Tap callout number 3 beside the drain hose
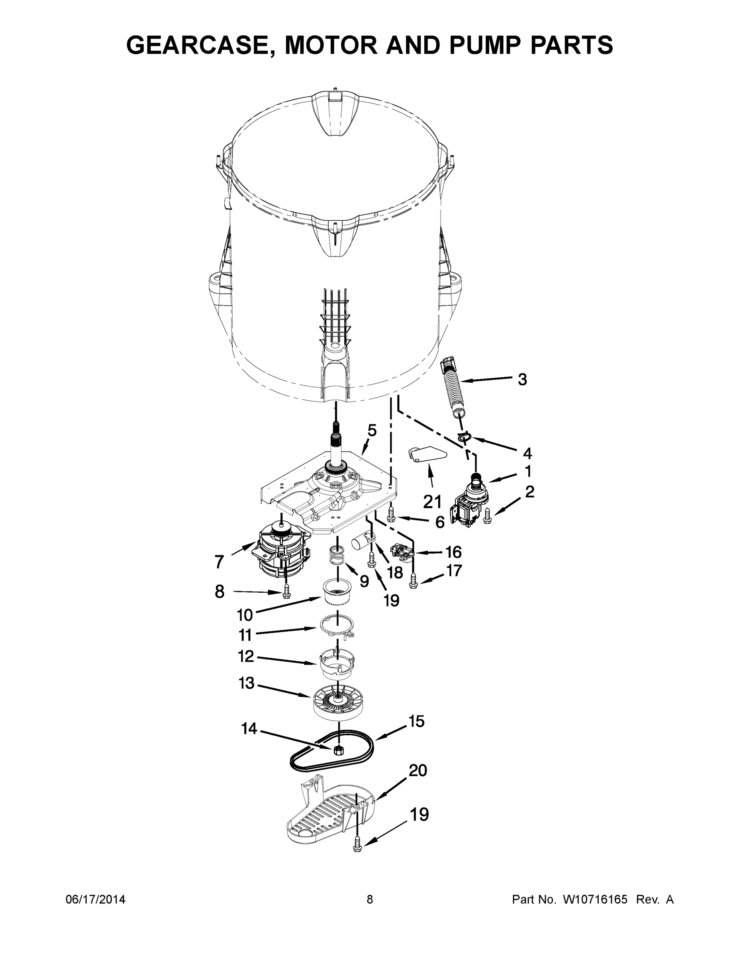522,379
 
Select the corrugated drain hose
453,385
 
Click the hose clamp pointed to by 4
465,436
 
